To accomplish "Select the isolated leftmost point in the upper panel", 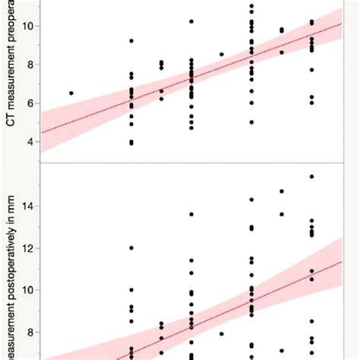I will (x=71, y=93).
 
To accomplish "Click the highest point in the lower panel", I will (x=311, y=176).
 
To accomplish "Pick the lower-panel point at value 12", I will (x=131, y=248).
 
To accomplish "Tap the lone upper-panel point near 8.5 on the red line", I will (x=222, y=54).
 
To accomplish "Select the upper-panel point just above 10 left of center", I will (x=191, y=21).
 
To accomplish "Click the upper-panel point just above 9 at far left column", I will (x=131, y=41).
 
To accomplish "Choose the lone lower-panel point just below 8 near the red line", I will (x=222, y=333).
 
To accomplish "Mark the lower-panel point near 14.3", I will (x=251, y=200).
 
